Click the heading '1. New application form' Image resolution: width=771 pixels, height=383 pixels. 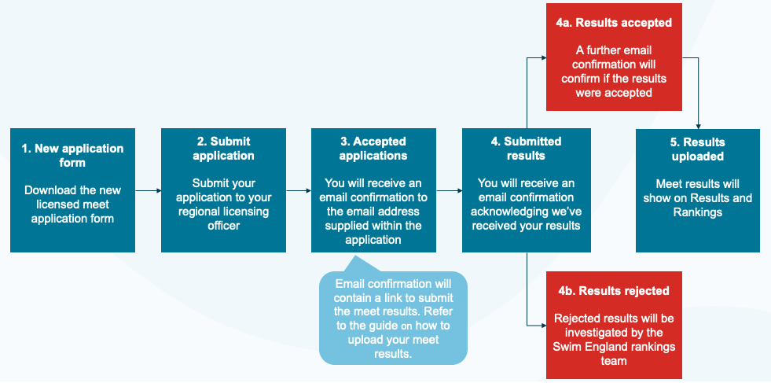point(73,156)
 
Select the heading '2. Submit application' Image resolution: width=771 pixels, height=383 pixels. point(223,149)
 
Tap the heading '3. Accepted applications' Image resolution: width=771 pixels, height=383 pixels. point(373,149)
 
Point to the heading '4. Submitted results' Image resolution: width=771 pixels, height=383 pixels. point(526,149)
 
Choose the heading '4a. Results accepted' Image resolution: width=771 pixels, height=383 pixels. point(614,23)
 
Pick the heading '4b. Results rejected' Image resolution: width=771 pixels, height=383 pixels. point(614,291)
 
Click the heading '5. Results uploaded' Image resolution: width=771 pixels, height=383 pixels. point(698,149)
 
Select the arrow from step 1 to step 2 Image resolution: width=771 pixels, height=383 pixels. point(148,190)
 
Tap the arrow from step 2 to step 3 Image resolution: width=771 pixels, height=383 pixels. point(299,190)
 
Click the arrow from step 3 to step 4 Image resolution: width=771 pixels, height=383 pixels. point(449,190)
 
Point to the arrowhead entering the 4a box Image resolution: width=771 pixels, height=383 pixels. point(544,57)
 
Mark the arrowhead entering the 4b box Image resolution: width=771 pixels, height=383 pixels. point(544,326)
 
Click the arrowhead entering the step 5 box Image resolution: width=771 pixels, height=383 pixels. point(698,126)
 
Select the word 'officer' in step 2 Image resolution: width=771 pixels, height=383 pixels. point(223,226)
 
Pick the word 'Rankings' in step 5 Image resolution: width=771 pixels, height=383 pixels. point(698,212)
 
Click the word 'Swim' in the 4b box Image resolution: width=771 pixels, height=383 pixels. point(564,347)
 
